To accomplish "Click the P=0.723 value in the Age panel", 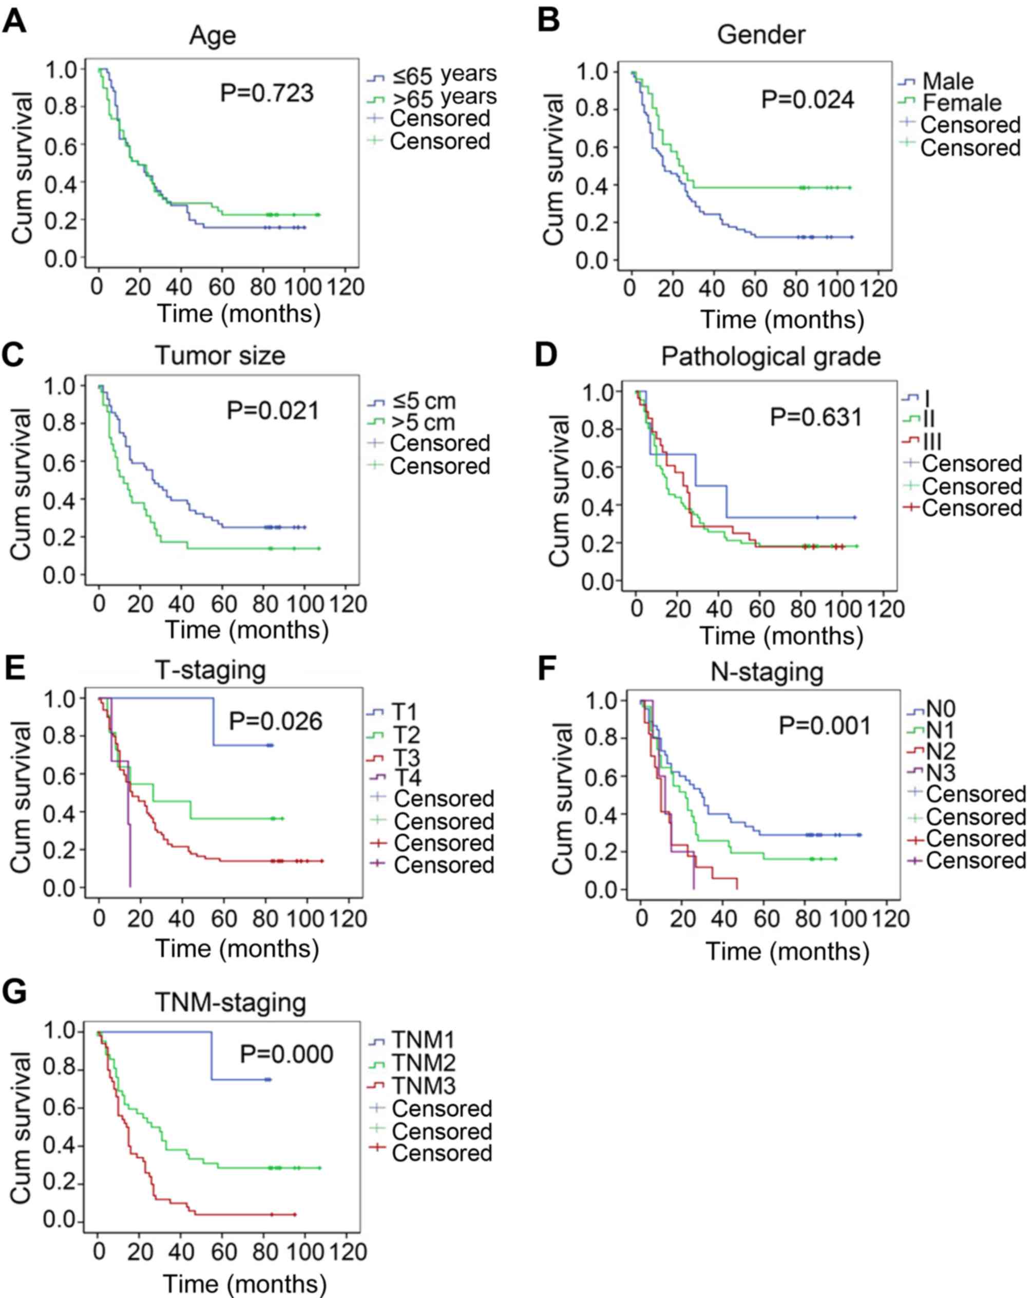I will point(266,93).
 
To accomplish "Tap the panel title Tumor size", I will point(220,355).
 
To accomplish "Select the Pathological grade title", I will point(770,356).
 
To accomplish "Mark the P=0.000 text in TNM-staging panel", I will point(287,1054).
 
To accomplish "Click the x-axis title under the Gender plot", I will point(782,319).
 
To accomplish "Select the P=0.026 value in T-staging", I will point(276,721).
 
